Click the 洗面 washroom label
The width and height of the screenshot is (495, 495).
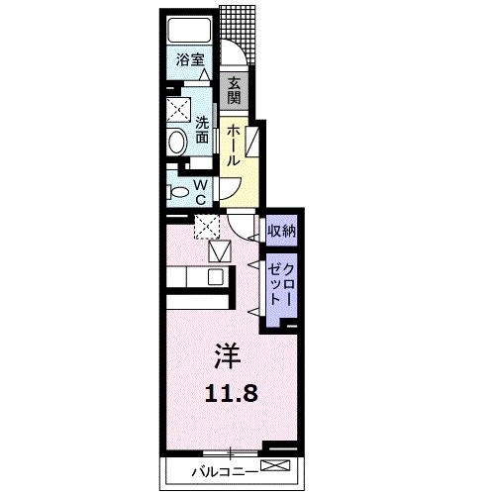point(201,130)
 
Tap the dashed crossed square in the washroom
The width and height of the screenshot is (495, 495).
point(178,108)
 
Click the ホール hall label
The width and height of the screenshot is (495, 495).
point(233,145)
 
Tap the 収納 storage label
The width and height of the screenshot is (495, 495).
point(281,231)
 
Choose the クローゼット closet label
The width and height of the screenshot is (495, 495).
point(281,284)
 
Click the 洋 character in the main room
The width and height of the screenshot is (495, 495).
point(225,351)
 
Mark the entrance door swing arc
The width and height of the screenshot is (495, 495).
point(230,57)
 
